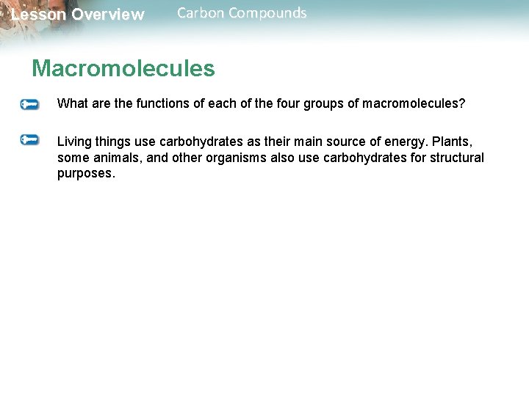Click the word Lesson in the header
(38, 15)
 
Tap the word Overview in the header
(108, 15)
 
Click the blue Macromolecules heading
(123, 69)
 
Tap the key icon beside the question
(30, 104)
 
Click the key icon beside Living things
(30, 139)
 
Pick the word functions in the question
(162, 103)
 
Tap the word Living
(75, 140)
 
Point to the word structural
(453, 157)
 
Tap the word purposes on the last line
(86, 175)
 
